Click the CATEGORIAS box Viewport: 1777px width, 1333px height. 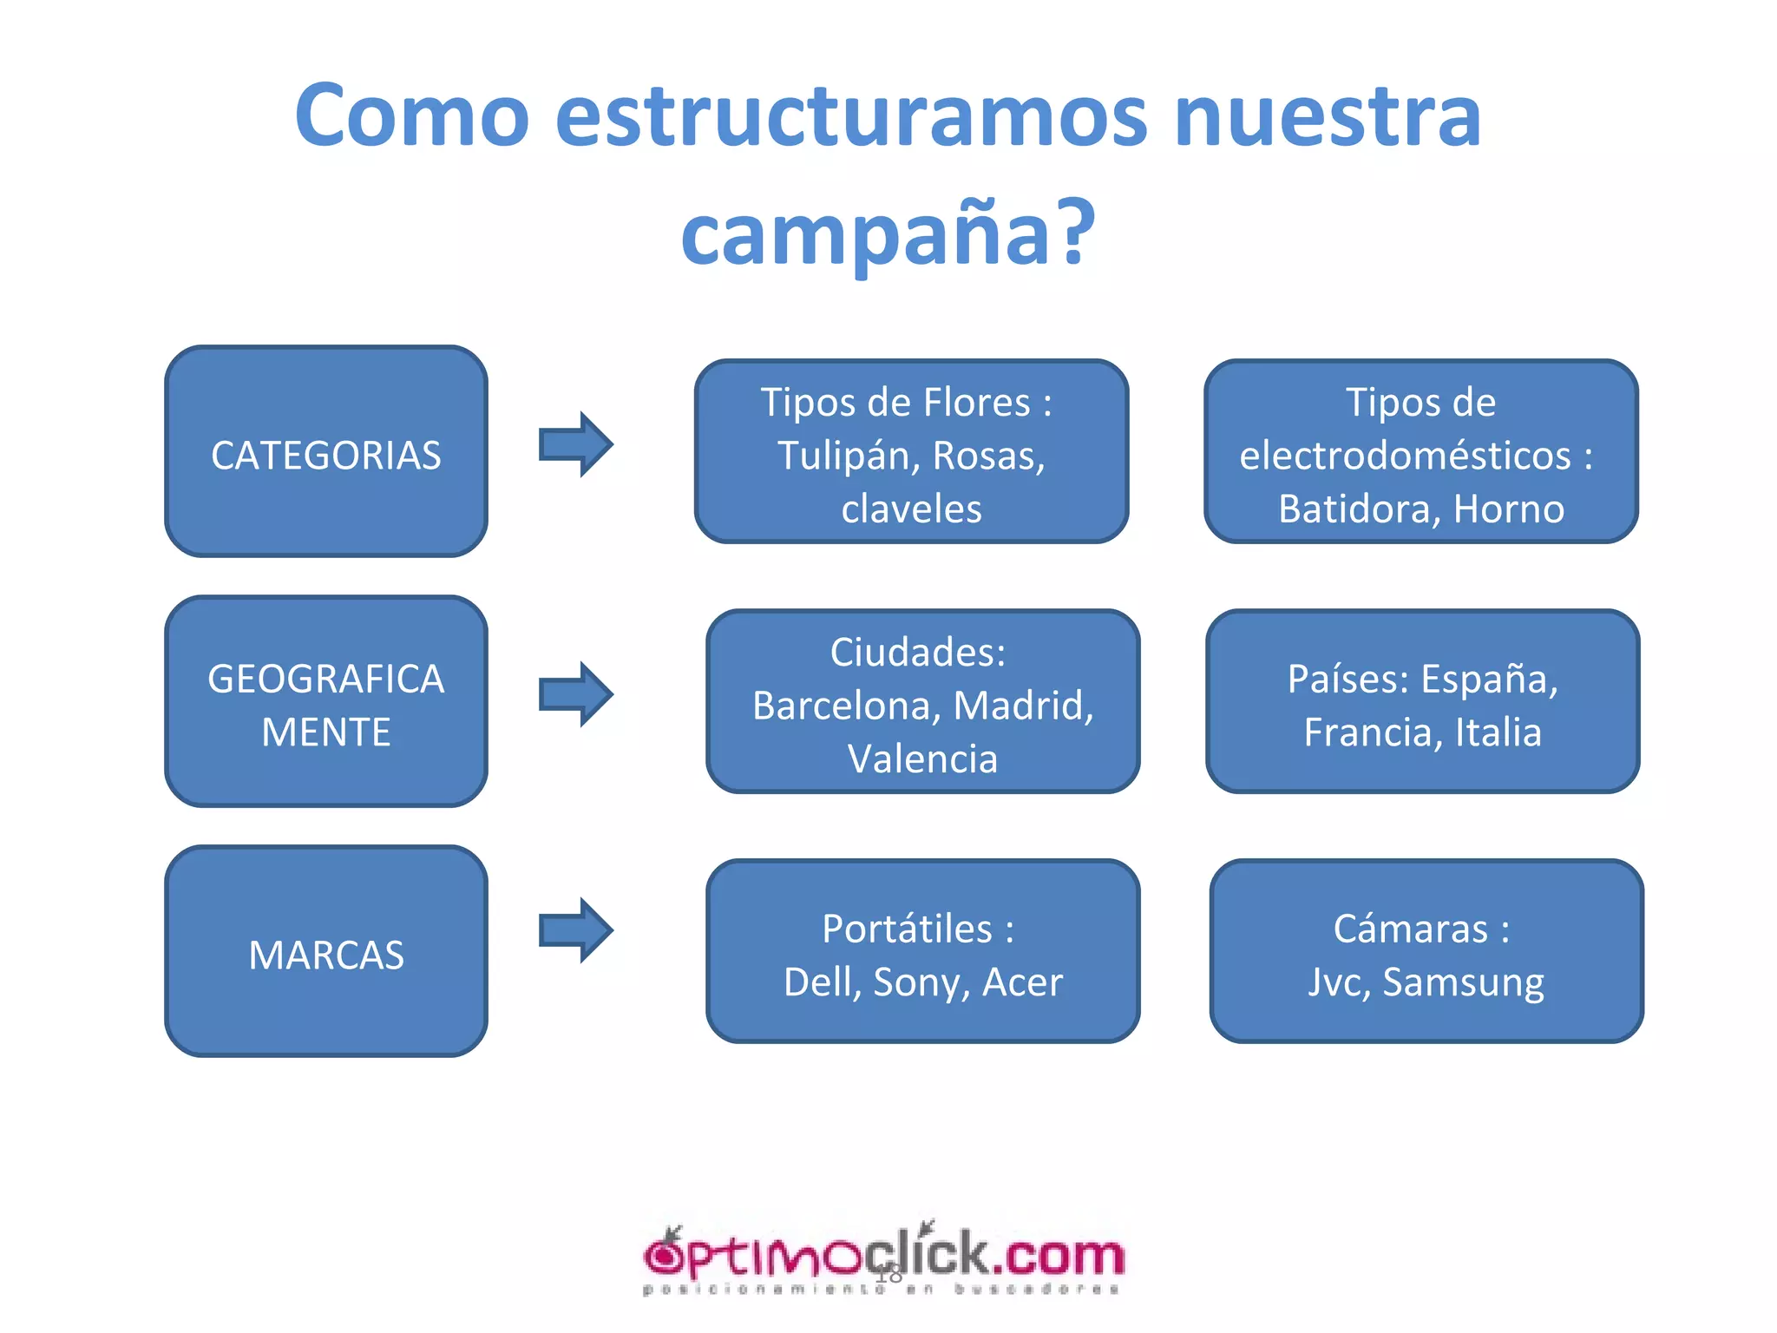[326, 451]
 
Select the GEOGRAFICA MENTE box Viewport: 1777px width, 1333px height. [326, 701]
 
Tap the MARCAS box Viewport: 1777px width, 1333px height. [326, 951]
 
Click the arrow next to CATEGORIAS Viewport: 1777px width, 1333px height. [576, 444]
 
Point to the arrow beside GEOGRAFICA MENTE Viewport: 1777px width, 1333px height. [576, 694]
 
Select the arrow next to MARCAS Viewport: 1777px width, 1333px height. [576, 930]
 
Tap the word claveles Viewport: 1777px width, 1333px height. [911, 509]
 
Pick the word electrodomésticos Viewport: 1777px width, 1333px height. [1405, 456]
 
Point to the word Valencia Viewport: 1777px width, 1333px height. [922, 759]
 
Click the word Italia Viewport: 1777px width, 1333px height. [1498, 732]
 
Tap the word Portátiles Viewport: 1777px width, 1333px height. [907, 929]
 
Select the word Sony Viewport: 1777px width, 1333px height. [921, 982]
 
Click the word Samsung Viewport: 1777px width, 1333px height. [1463, 982]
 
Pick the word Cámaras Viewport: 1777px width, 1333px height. [1411, 929]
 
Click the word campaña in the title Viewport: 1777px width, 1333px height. [868, 233]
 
